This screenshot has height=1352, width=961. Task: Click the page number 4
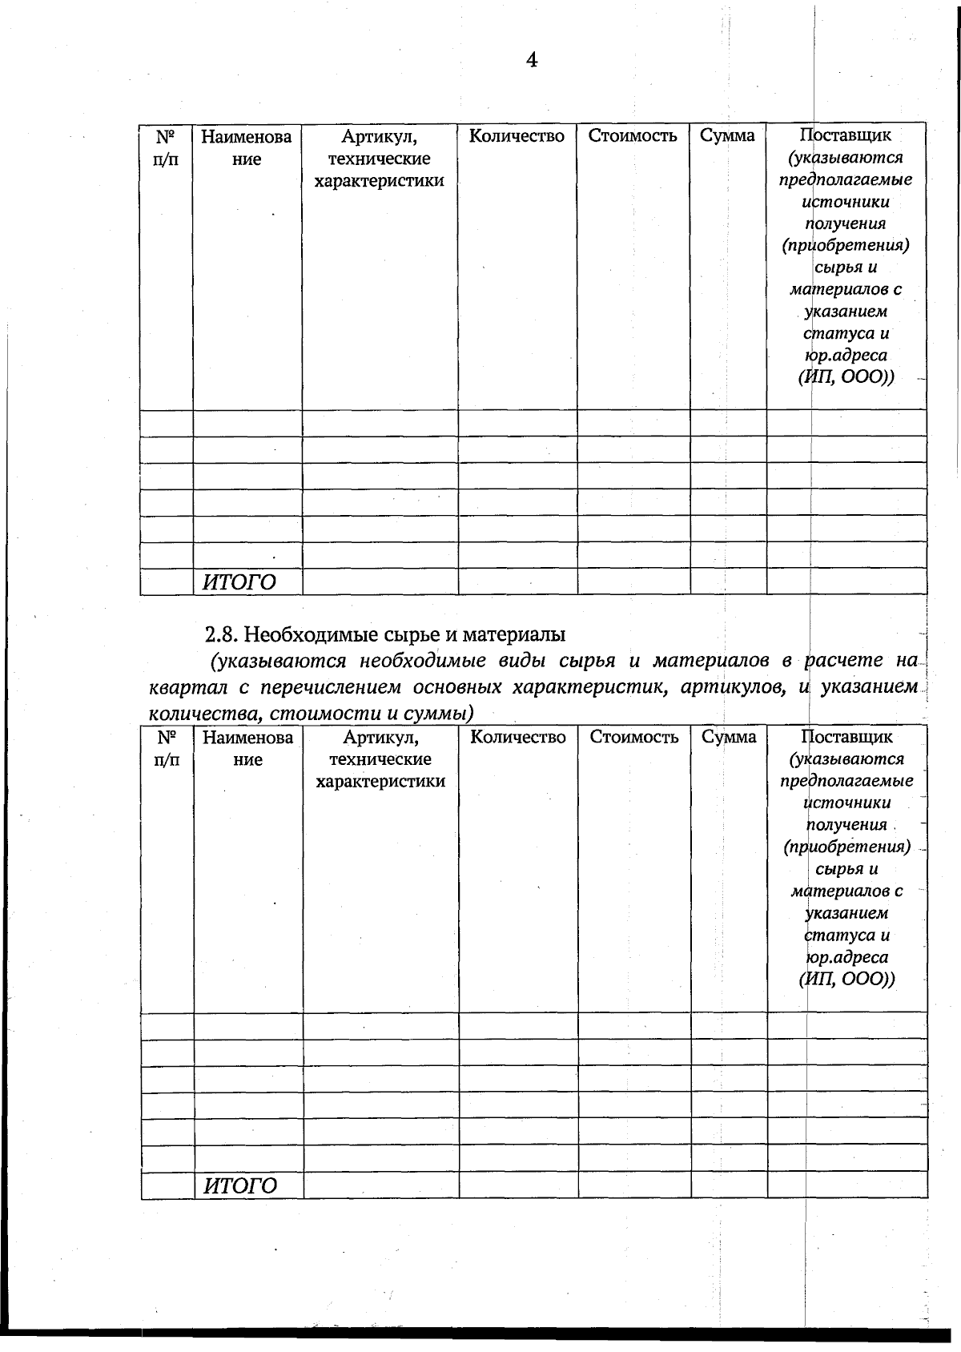pyautogui.click(x=531, y=60)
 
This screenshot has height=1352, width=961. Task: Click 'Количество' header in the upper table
pyautogui.click(x=517, y=136)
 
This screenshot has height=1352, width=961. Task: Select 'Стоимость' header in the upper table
pyautogui.click(x=633, y=136)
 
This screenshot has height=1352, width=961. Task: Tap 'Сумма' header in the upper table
pyautogui.click(x=727, y=136)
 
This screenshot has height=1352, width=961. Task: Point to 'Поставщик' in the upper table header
pyautogui.click(x=846, y=135)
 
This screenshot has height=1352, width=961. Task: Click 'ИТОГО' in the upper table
pyautogui.click(x=239, y=582)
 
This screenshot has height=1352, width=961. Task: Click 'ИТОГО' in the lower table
pyautogui.click(x=240, y=1186)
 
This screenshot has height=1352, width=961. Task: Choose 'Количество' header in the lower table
pyautogui.click(x=518, y=737)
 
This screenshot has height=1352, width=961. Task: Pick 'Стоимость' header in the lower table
pyautogui.click(x=634, y=737)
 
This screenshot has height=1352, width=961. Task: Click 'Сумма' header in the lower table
pyautogui.click(x=729, y=737)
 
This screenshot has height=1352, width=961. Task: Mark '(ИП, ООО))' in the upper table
pyautogui.click(x=846, y=377)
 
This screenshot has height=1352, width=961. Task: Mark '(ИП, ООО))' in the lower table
pyautogui.click(x=846, y=979)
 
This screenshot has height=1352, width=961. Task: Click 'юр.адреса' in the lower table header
pyautogui.click(x=847, y=957)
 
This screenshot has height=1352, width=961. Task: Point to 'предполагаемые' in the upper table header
pyautogui.click(x=846, y=179)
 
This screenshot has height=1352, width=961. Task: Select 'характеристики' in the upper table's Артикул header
pyautogui.click(x=379, y=180)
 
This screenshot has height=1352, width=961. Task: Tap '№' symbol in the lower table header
pyautogui.click(x=166, y=737)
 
